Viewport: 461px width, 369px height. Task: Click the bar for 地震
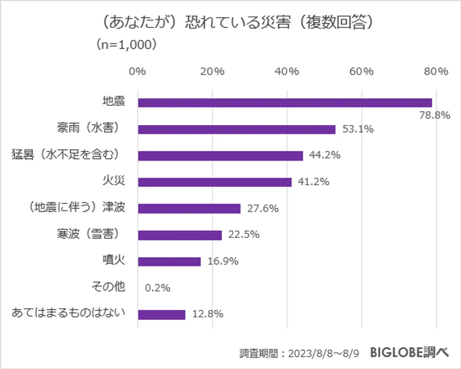click(285, 103)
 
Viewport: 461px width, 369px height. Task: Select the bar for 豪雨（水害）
click(237, 129)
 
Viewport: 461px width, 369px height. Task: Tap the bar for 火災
click(215, 182)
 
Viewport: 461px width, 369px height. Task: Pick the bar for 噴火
click(169, 262)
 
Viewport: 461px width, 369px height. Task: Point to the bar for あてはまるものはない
click(161, 315)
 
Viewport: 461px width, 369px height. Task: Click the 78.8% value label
click(435, 116)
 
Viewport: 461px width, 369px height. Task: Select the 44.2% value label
click(325, 155)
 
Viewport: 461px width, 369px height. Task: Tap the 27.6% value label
click(263, 208)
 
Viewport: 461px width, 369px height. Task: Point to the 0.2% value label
click(158, 287)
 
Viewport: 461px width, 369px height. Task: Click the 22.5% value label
click(244, 235)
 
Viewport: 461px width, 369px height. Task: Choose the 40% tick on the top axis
click(287, 71)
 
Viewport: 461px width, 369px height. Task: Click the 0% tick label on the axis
click(137, 71)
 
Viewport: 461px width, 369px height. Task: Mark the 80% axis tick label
click(436, 71)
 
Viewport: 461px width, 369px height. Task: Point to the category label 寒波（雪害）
click(88, 234)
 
